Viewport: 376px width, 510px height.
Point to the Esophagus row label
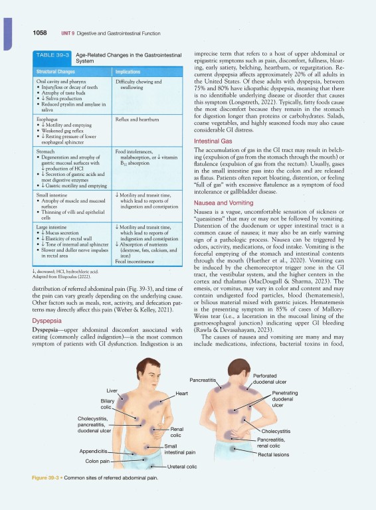[46, 119]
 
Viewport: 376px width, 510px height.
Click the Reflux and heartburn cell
[137, 119]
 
